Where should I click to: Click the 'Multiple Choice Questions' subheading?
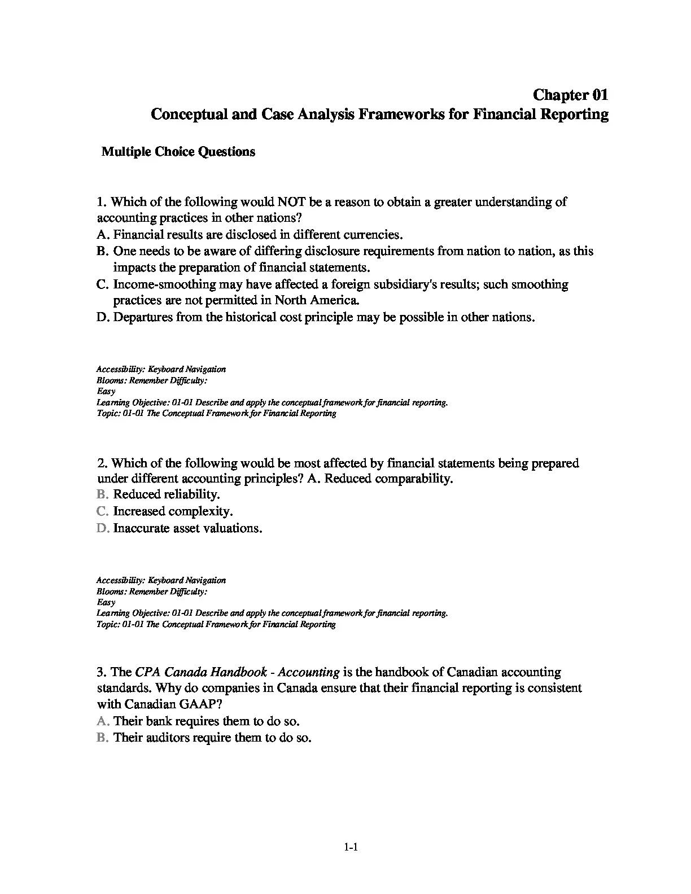178,152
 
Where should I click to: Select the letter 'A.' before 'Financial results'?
102,234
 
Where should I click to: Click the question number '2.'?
102,463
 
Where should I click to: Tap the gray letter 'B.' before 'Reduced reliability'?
102,494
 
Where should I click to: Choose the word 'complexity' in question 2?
202,511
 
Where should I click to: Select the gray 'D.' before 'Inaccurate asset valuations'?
102,528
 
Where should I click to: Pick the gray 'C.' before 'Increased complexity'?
102,511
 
